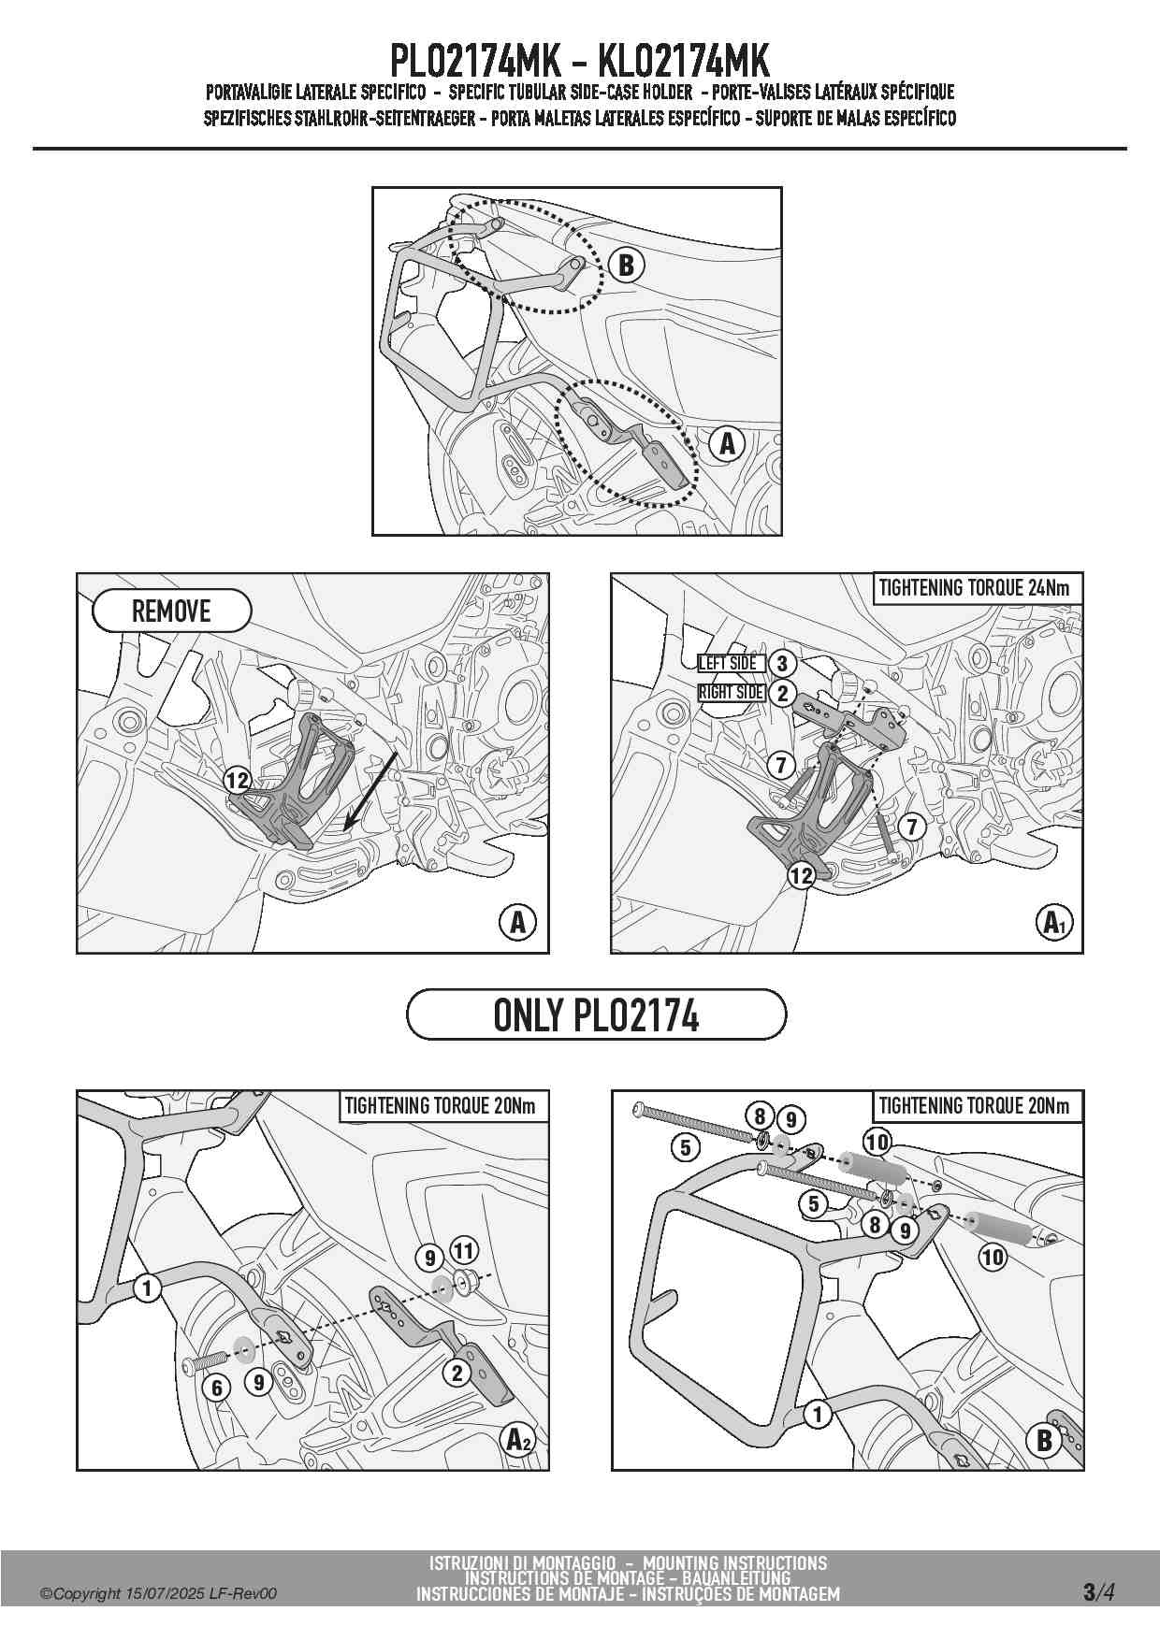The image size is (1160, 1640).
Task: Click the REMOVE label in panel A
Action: [x=172, y=611]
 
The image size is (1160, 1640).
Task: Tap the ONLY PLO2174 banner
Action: [x=596, y=1014]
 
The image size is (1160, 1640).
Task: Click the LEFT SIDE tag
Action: [x=728, y=663]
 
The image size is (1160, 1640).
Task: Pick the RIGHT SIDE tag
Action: [x=732, y=693]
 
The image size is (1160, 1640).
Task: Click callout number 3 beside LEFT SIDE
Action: [x=781, y=664]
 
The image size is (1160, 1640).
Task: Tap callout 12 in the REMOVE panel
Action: [x=238, y=781]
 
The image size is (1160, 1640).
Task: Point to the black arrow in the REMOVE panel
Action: [x=372, y=789]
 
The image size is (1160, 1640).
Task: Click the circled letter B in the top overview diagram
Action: [x=626, y=266]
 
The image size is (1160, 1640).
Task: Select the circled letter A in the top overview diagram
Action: [x=728, y=443]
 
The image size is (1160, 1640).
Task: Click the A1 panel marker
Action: [x=1055, y=924]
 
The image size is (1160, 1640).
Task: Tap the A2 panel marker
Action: [x=518, y=1440]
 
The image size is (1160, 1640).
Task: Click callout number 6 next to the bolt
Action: [x=217, y=1388]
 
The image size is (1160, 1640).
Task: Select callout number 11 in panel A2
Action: [x=464, y=1250]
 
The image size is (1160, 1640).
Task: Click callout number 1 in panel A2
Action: [x=147, y=1288]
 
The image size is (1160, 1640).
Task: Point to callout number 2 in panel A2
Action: [x=457, y=1373]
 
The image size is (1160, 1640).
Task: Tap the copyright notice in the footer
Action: [x=158, y=1594]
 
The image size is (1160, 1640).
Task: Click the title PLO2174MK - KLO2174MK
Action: [x=579, y=62]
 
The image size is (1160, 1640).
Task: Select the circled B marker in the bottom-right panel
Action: [x=1045, y=1440]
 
